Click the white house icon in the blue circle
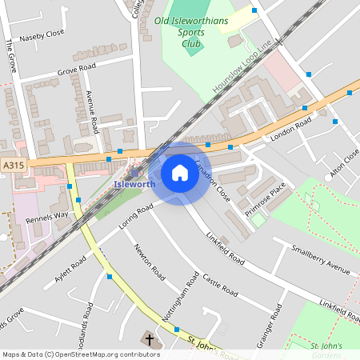click(x=180, y=173)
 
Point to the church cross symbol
click(x=150, y=340)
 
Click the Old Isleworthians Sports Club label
click(x=190, y=32)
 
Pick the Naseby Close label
click(x=42, y=34)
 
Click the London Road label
click(x=290, y=130)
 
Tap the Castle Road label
click(x=220, y=282)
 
